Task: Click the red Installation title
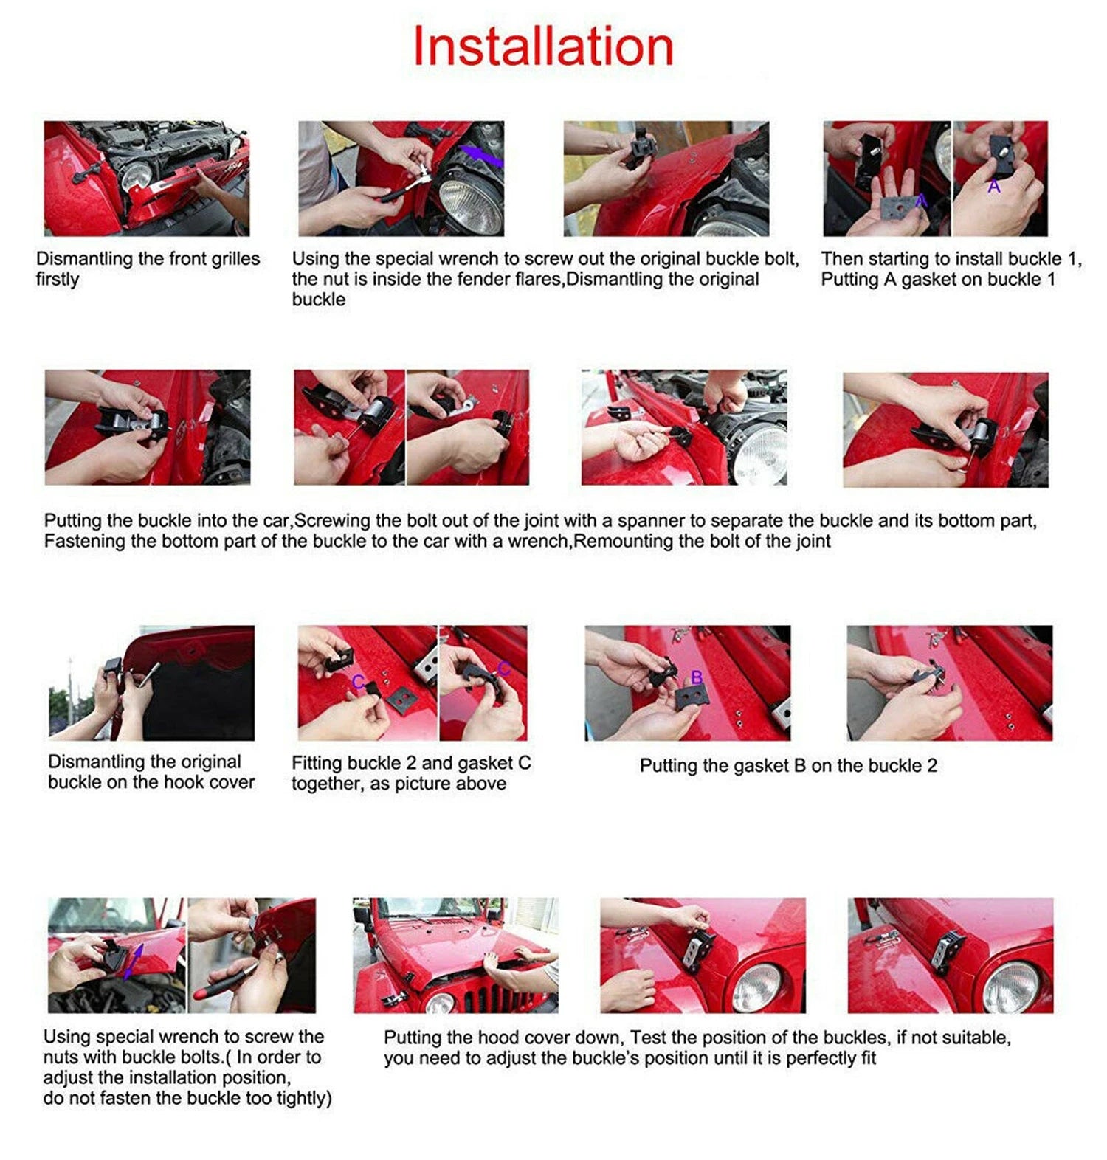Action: click(543, 46)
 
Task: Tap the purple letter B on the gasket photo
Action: click(697, 677)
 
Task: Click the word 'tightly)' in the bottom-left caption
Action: click(304, 1099)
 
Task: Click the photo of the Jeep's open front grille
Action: click(147, 179)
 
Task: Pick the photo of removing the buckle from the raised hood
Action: click(151, 683)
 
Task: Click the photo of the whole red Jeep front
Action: click(455, 955)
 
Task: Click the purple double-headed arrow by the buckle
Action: click(133, 962)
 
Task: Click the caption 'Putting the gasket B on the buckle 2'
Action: click(788, 766)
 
